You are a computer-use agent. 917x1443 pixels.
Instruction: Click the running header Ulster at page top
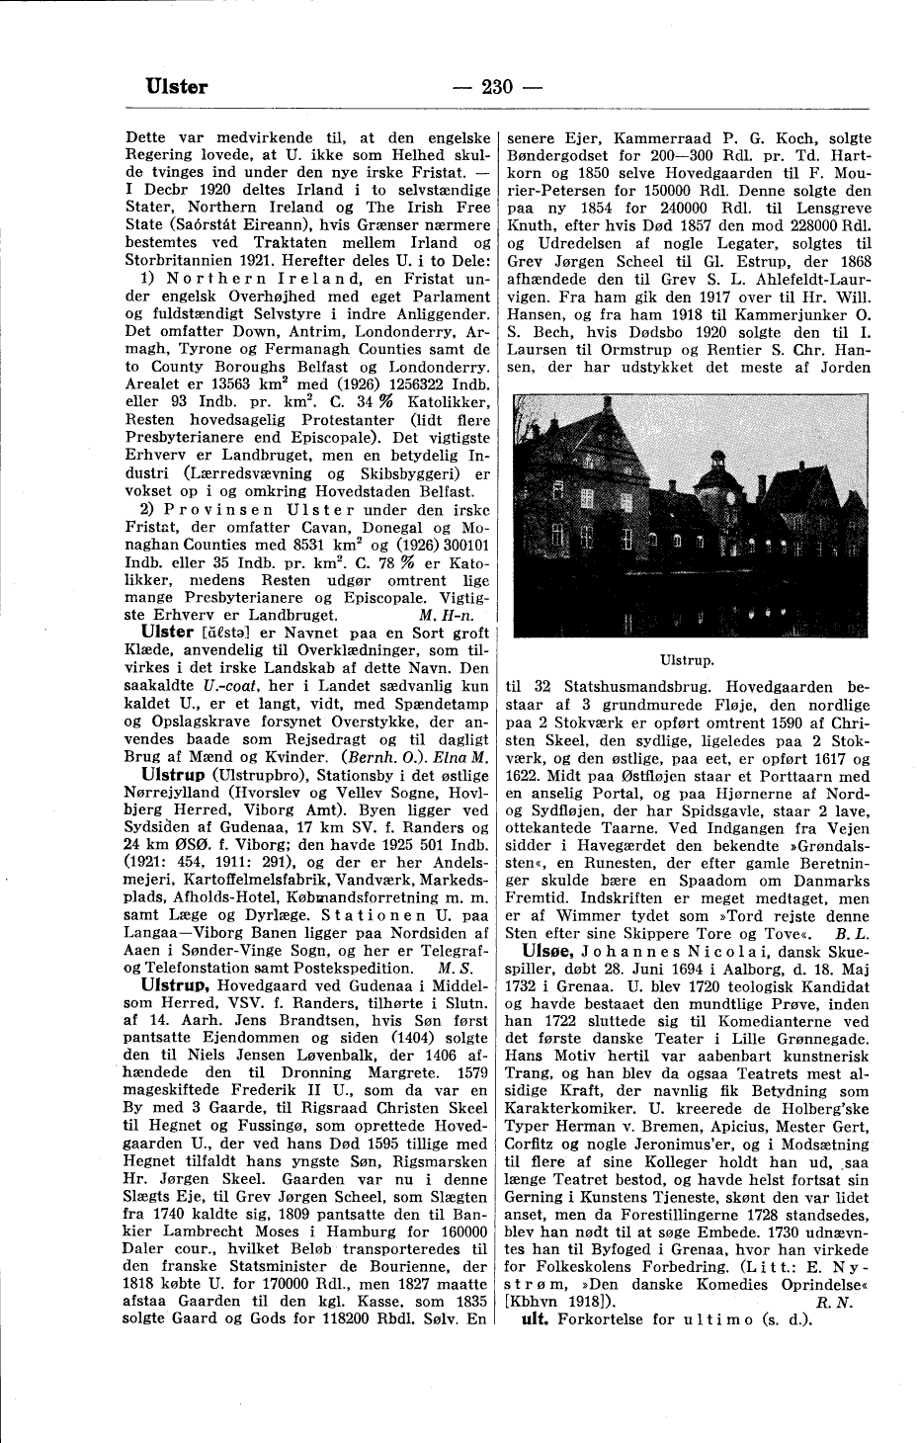pos(177,87)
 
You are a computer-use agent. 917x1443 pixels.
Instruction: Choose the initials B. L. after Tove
pos(851,932)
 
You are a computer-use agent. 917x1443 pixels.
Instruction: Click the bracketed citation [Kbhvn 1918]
pos(563,1302)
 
